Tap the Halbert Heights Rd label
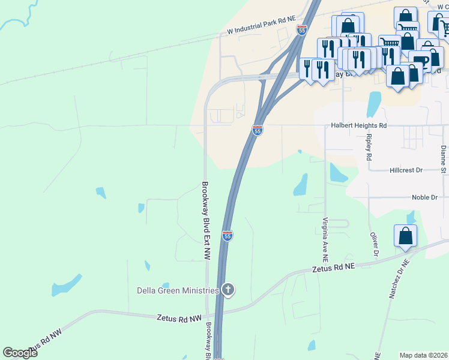(x=358, y=126)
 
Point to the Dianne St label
(x=443, y=155)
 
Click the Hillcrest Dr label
(x=406, y=170)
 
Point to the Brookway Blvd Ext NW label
(x=205, y=220)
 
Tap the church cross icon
(x=228, y=290)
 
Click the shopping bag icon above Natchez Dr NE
(x=405, y=236)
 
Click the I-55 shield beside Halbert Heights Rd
(x=257, y=130)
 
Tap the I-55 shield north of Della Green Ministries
(x=227, y=236)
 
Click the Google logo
(x=20, y=353)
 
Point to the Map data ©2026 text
(x=424, y=355)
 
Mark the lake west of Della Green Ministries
(x=66, y=285)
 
